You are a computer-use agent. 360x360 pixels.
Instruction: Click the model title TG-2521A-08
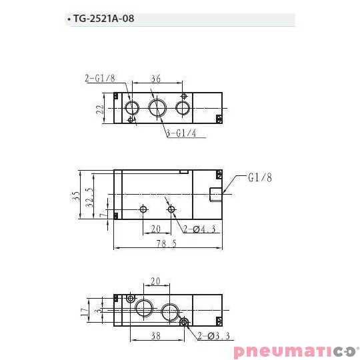coord(103,19)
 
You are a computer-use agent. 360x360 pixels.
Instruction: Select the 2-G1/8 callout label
coord(100,78)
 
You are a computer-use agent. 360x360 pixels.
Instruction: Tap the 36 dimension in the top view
coord(156,79)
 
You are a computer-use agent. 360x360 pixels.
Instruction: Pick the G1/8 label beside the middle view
coord(260,177)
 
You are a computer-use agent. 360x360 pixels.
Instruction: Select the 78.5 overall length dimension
coord(166,244)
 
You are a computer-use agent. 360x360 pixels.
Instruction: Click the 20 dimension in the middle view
coord(156,229)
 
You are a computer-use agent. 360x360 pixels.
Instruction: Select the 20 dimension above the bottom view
coord(156,281)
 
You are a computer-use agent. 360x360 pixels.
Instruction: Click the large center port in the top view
coord(158,108)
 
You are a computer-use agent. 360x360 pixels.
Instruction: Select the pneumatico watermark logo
coord(295,351)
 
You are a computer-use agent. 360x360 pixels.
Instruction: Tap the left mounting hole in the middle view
coord(143,210)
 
